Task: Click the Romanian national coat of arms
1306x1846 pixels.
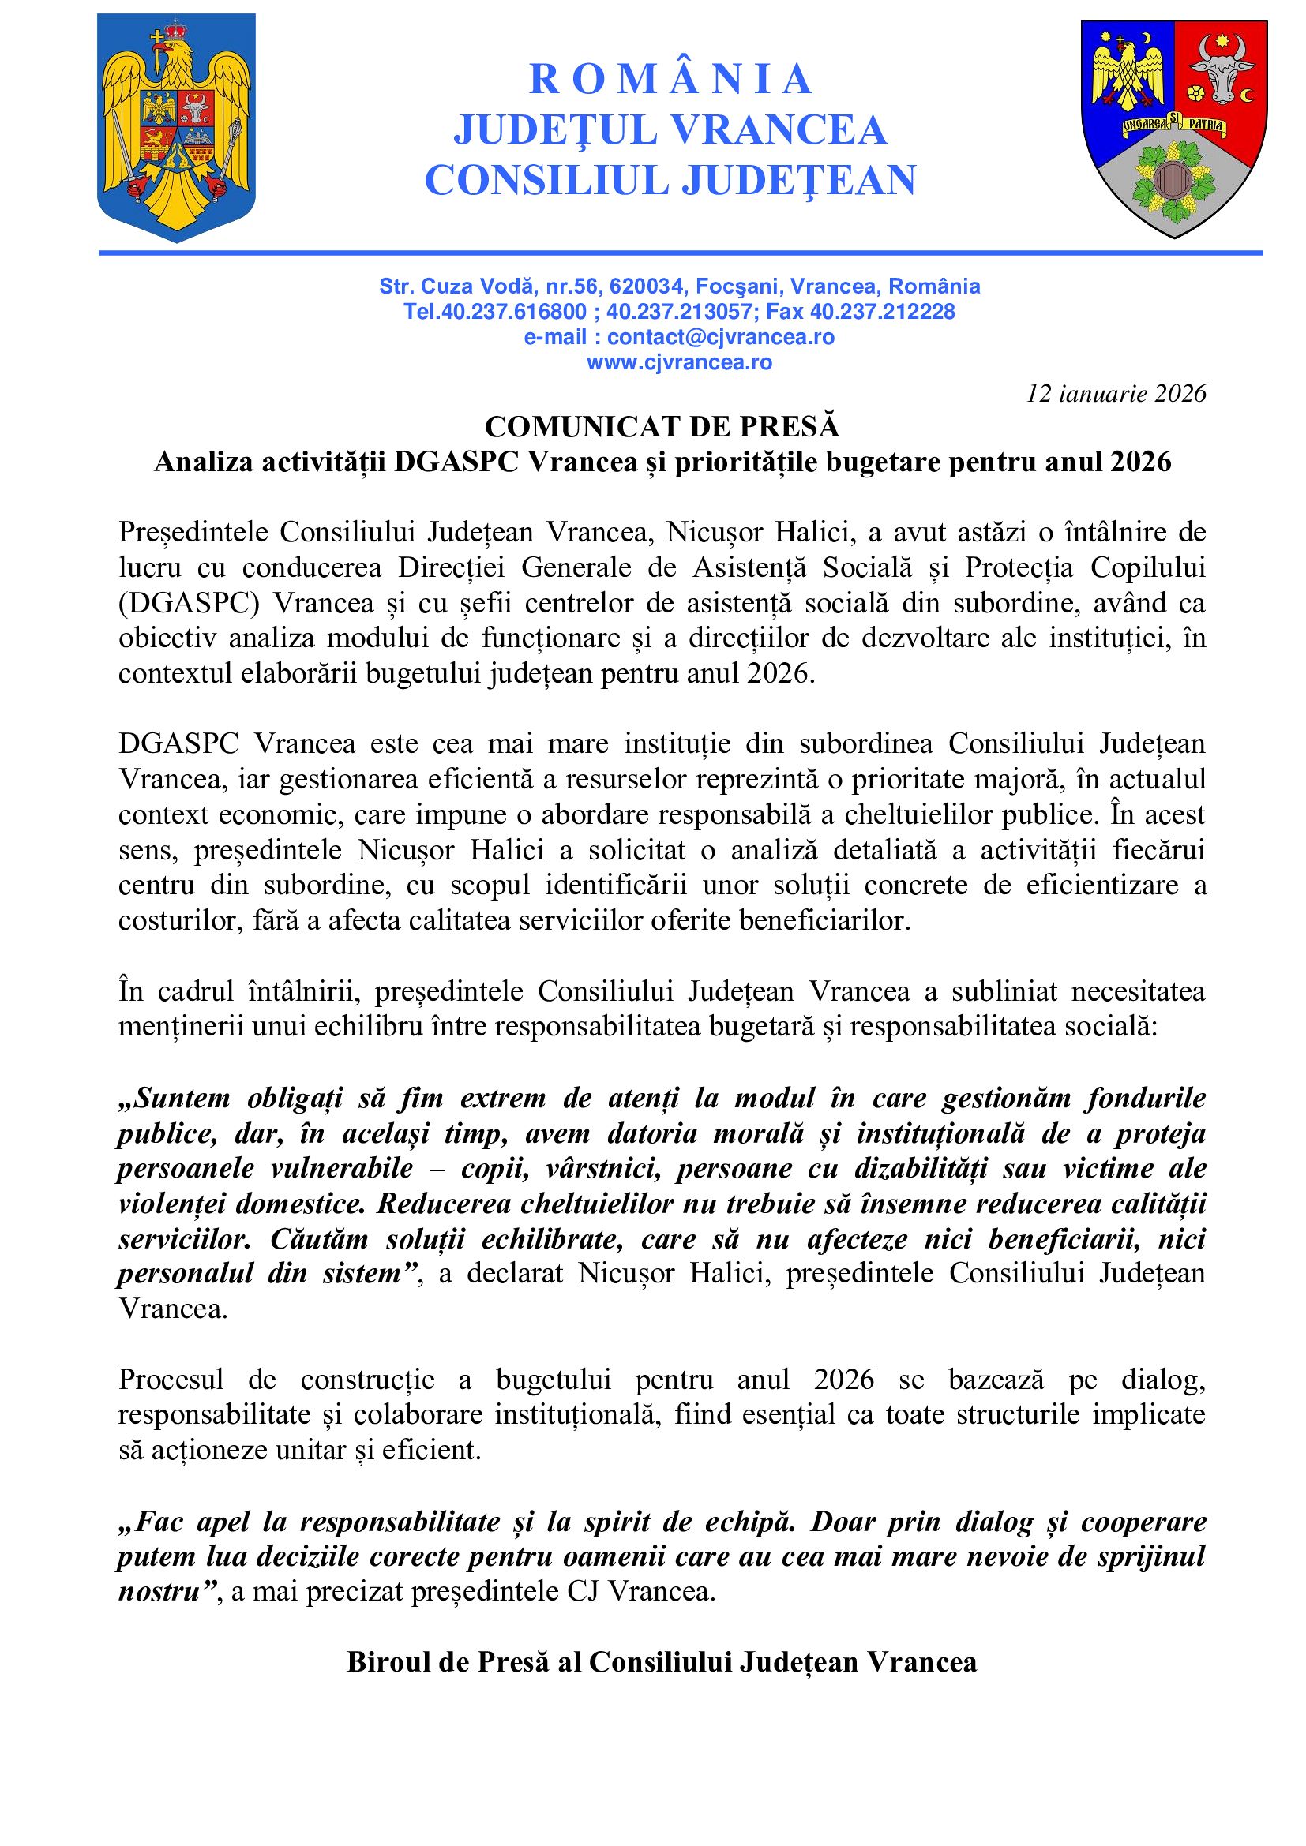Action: tap(176, 127)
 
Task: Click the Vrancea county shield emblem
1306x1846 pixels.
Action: tap(1173, 127)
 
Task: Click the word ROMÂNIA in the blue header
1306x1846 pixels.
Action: tap(670, 79)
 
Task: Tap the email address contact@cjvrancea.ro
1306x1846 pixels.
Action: tap(721, 337)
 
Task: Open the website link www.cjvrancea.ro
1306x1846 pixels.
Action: tap(679, 362)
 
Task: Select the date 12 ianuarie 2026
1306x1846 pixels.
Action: tap(1116, 393)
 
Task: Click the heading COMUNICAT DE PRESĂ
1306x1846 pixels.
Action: tap(662, 426)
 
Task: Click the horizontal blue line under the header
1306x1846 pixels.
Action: tap(681, 253)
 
